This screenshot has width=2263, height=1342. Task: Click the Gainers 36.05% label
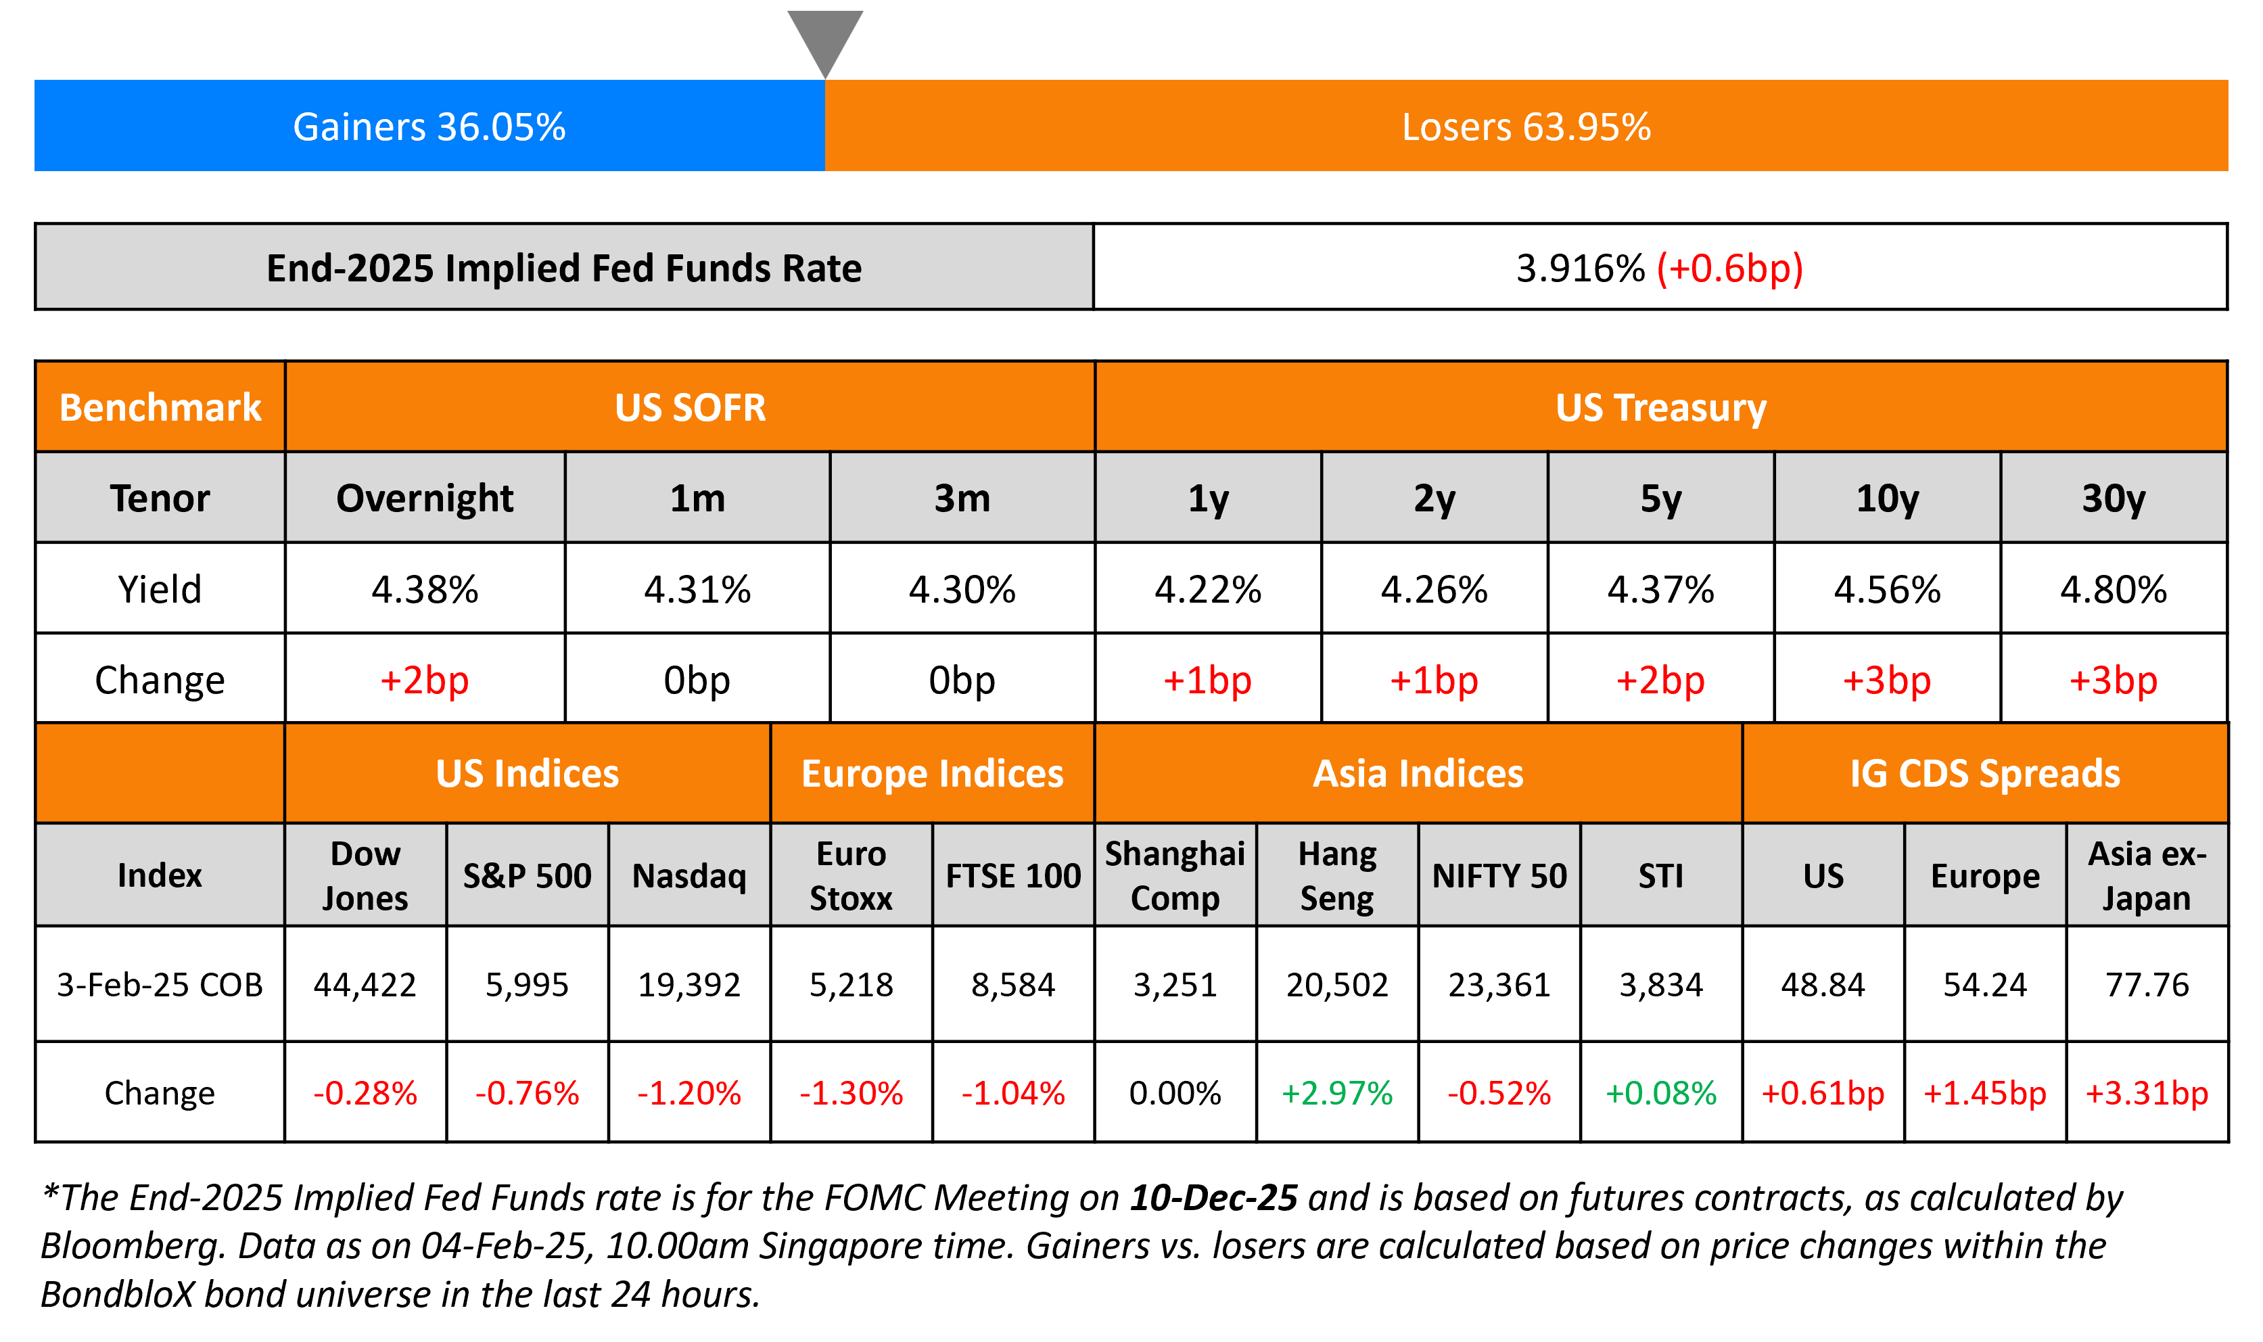tap(429, 126)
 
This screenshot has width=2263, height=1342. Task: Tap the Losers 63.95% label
tap(1526, 126)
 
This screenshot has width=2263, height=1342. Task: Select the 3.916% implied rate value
tap(1581, 269)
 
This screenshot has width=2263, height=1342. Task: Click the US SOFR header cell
tap(690, 408)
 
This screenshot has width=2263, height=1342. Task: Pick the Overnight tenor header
tap(424, 499)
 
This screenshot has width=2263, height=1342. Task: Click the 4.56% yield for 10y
tap(1887, 590)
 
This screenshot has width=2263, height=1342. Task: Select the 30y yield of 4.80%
tap(2113, 590)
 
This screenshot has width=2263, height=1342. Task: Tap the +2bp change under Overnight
tap(424, 680)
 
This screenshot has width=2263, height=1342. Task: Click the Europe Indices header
tap(932, 774)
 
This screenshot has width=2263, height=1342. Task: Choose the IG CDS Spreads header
tap(1984, 774)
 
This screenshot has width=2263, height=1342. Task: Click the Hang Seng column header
tap(1337, 875)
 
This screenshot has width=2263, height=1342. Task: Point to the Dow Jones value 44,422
tap(365, 985)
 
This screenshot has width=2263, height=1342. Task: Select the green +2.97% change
tap(1337, 1093)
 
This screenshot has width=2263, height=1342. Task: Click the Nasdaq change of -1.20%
tap(689, 1093)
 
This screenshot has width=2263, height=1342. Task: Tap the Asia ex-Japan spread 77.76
tap(2147, 985)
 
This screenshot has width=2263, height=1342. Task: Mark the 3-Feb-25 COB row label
tap(159, 985)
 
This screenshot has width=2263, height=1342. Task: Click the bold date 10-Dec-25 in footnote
tap(1213, 1198)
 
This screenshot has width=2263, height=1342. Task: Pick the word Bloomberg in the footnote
tap(132, 1246)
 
